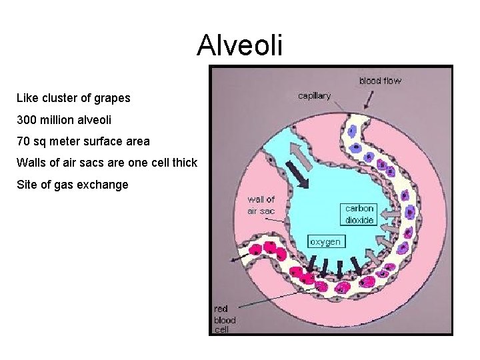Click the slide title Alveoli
coord(240,46)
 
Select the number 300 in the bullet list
coord(27,120)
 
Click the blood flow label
coord(380,81)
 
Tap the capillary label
coord(314,96)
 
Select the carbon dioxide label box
coord(359,214)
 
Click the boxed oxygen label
coord(325,241)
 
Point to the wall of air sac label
coord(261,205)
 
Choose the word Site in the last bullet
coord(27,185)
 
